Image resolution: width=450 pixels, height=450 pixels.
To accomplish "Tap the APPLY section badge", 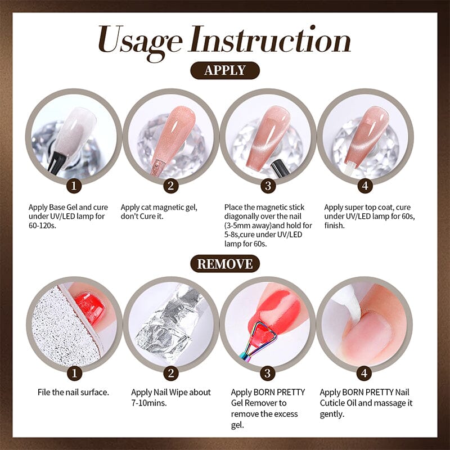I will pyautogui.click(x=225, y=70).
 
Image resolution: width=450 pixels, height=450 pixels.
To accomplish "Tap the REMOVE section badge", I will pyautogui.click(x=225, y=263).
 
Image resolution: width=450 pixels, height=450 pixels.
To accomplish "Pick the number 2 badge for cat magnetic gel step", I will pyautogui.click(x=170, y=185).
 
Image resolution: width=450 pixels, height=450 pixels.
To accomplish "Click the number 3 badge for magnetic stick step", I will pyautogui.click(x=268, y=185).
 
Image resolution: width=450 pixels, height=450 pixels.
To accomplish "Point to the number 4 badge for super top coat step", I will pyautogui.click(x=364, y=185).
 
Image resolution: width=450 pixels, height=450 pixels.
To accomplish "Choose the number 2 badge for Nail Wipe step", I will pyautogui.click(x=170, y=372).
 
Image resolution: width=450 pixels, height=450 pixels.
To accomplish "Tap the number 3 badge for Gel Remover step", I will pyautogui.click(x=268, y=372).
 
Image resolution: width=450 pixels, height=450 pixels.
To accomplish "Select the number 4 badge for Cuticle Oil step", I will pyautogui.click(x=364, y=372).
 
